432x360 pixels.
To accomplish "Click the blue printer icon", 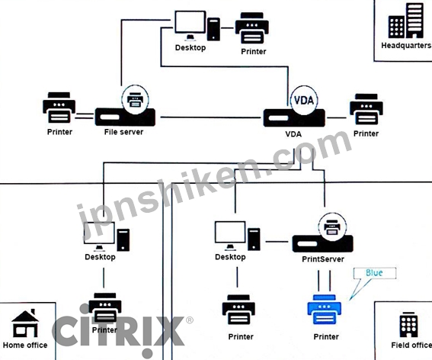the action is [x=325, y=310].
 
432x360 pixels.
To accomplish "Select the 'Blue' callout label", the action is [x=374, y=272].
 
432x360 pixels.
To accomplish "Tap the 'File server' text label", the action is [x=123, y=132].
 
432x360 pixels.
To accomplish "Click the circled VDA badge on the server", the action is [x=304, y=100].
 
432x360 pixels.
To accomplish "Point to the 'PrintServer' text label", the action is [x=323, y=259].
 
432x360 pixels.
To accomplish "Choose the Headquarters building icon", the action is [x=406, y=21].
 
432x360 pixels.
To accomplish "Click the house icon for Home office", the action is [x=25, y=323].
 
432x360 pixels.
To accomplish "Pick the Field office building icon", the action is [x=408, y=325].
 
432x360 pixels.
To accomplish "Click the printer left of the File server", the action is [x=59, y=108].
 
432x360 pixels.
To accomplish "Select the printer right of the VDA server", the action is [x=366, y=109].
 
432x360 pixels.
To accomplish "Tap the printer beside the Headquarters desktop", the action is [x=252, y=28].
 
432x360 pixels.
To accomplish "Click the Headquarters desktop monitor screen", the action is [x=190, y=22].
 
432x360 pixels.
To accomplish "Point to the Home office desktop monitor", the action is [x=99, y=233].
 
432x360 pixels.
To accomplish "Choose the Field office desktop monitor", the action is [x=230, y=233].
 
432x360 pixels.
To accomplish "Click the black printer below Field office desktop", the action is [x=238, y=310].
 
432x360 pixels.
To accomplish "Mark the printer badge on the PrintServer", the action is [x=332, y=227].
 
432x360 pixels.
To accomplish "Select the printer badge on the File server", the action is [x=135, y=99].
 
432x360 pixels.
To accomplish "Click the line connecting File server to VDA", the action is [x=210, y=117].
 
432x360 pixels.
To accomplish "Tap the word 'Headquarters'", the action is [x=406, y=46].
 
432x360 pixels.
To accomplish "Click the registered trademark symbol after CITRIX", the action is [x=190, y=320].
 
